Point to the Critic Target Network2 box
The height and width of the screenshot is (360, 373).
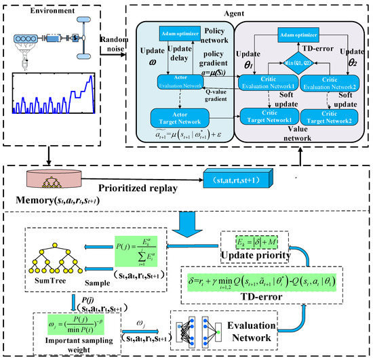coord(332,115)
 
